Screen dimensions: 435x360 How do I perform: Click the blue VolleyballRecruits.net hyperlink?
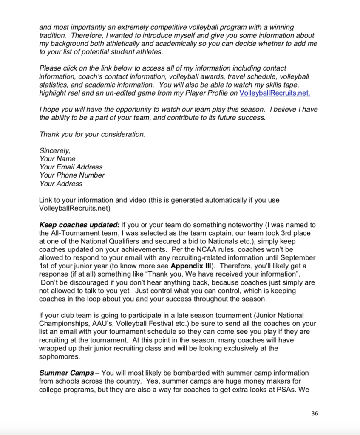click(x=275, y=93)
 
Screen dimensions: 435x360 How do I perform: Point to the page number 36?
click(x=315, y=413)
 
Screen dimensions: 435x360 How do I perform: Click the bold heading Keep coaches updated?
click(x=79, y=225)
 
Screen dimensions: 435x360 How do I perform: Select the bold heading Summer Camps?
click(x=66, y=373)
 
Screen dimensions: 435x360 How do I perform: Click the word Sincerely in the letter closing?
click(x=55, y=150)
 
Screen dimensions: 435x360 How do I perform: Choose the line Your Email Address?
click(x=71, y=167)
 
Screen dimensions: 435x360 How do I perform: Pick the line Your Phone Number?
click(x=72, y=175)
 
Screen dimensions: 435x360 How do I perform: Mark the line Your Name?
click(x=57, y=159)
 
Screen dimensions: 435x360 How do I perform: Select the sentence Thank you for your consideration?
click(x=92, y=134)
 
